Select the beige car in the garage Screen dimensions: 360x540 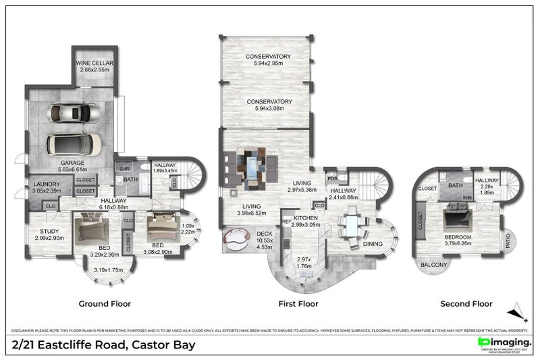click(74, 143)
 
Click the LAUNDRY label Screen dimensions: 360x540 click(47, 184)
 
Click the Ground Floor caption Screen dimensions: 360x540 click(105, 304)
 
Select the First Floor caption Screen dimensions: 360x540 click(298, 304)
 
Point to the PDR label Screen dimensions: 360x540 click(331, 179)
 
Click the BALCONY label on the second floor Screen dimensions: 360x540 click(433, 265)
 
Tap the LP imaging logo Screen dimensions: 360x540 click(494, 344)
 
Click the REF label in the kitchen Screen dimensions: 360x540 click(286, 221)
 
